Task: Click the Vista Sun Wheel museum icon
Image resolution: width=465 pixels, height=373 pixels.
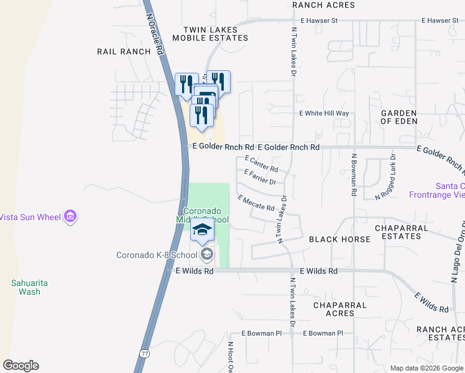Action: tap(70, 216)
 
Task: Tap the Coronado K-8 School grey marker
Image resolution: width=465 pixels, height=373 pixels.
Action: tap(206, 254)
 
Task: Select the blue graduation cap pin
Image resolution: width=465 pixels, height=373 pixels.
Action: tap(202, 230)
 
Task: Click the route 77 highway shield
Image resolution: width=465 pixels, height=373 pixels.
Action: tap(145, 352)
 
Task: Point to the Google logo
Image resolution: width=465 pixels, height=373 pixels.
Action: tap(21, 366)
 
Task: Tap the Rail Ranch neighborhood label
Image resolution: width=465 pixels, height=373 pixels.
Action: tap(124, 52)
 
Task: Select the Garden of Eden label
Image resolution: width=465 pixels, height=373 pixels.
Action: tap(398, 117)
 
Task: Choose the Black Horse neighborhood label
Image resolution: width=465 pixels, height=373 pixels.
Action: tap(331, 239)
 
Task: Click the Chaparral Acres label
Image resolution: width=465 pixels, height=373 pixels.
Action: tap(334, 309)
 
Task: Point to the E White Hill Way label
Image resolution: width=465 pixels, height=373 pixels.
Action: tap(325, 114)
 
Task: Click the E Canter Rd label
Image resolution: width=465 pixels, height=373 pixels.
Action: tap(261, 164)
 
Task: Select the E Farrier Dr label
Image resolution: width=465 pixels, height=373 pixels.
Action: tap(260, 177)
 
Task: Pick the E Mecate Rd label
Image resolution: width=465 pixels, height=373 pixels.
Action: tap(256, 203)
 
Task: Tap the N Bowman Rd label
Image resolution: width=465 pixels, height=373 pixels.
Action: tap(353, 175)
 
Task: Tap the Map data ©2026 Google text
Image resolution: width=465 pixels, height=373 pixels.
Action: tap(426, 368)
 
